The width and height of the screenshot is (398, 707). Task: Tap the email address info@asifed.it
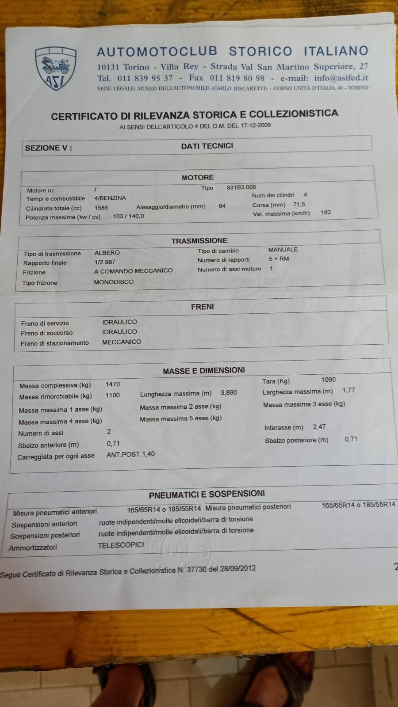pyautogui.click(x=341, y=78)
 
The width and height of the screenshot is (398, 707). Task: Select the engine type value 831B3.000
pyautogui.click(x=241, y=187)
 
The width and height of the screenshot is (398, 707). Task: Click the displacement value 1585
pyautogui.click(x=101, y=207)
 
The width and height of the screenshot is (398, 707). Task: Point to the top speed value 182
pyautogui.click(x=326, y=212)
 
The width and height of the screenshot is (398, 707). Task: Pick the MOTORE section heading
pyautogui.click(x=198, y=177)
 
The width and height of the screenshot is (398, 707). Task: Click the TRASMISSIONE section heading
pyautogui.click(x=199, y=240)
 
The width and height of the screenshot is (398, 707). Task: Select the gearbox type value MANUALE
pyautogui.click(x=283, y=249)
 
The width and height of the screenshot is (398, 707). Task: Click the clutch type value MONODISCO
pyautogui.click(x=114, y=281)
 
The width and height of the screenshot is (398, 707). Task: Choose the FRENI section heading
pyautogui.click(x=203, y=306)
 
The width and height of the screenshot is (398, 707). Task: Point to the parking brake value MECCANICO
pyautogui.click(x=122, y=342)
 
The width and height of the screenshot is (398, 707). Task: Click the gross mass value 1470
pyautogui.click(x=113, y=384)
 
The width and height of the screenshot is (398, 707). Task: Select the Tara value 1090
pyautogui.click(x=329, y=379)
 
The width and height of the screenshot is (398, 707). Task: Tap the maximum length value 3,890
pyautogui.click(x=229, y=392)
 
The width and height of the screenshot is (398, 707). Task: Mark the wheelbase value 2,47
pyautogui.click(x=319, y=426)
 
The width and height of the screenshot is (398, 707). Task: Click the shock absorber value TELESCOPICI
pyautogui.click(x=121, y=545)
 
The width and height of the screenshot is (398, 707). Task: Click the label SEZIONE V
pyautogui.click(x=48, y=148)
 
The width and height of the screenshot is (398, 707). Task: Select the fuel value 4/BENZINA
pyautogui.click(x=110, y=198)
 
